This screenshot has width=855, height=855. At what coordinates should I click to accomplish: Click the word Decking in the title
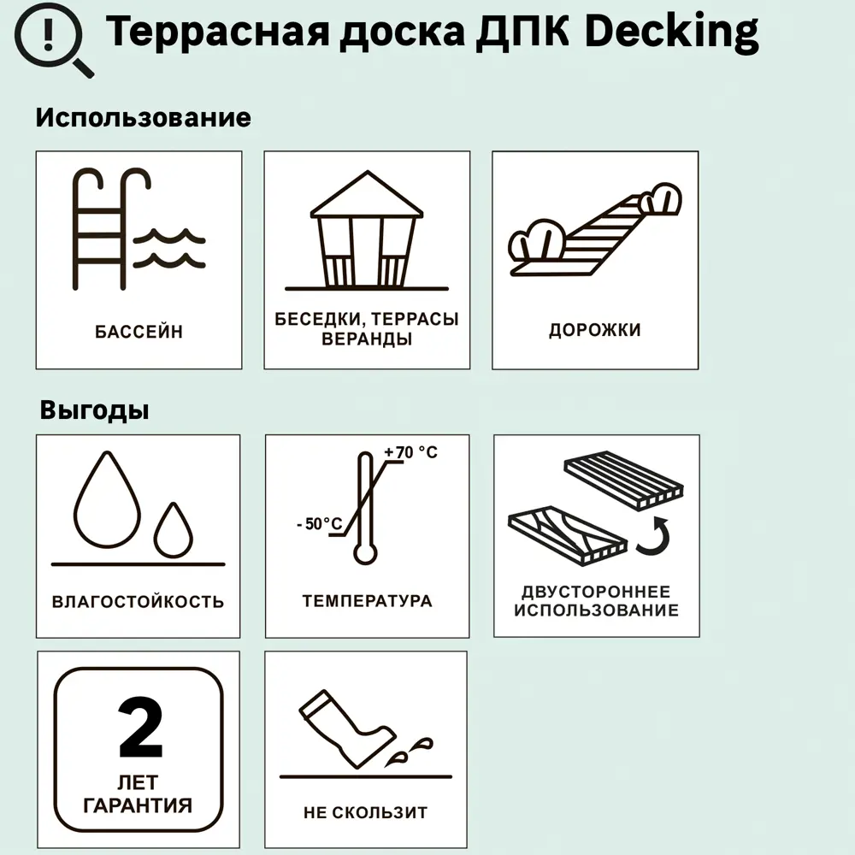(674, 33)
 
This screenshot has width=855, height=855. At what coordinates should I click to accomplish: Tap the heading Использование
(143, 117)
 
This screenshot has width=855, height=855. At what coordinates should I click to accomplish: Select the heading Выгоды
(94, 410)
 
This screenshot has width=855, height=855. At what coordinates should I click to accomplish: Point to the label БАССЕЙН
(139, 331)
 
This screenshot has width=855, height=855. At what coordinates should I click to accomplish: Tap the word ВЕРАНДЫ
(366, 339)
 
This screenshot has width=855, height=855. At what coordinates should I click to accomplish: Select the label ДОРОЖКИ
(594, 330)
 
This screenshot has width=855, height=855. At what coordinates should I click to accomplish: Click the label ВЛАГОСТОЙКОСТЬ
(139, 601)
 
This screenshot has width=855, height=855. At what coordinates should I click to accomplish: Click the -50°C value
(319, 524)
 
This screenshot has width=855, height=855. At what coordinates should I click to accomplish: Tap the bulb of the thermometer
(365, 553)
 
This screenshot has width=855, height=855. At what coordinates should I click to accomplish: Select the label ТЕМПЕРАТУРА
(367, 600)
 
